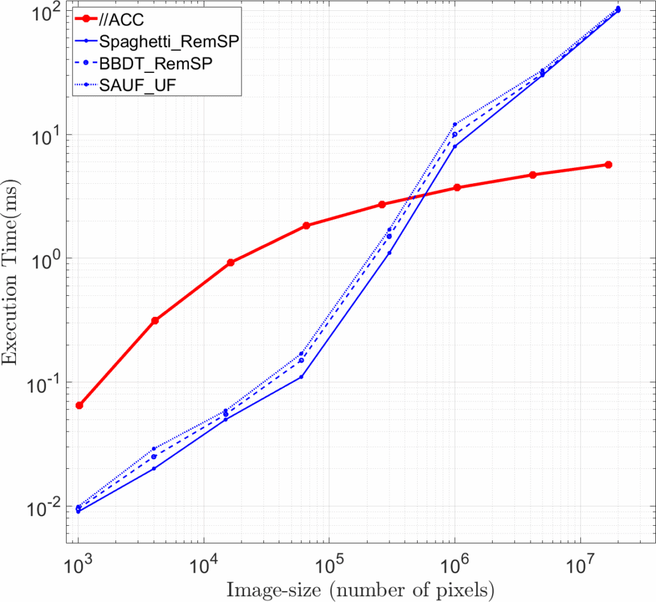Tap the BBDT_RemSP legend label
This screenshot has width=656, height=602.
pos(156,63)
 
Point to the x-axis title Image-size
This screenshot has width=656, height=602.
pos(359,587)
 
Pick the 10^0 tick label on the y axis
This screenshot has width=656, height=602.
pos(47,259)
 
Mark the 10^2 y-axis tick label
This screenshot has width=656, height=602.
pos(47,12)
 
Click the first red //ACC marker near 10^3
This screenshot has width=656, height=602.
pos(79,405)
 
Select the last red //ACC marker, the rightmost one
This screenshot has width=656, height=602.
pos(609,165)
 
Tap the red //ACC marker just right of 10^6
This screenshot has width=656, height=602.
pos(457,187)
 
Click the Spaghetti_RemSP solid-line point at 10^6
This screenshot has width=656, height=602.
pos(455,147)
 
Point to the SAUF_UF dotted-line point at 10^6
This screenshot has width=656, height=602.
pos(455,124)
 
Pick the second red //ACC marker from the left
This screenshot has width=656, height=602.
pos(155,320)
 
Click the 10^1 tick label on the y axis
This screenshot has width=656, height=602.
pos(47,135)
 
